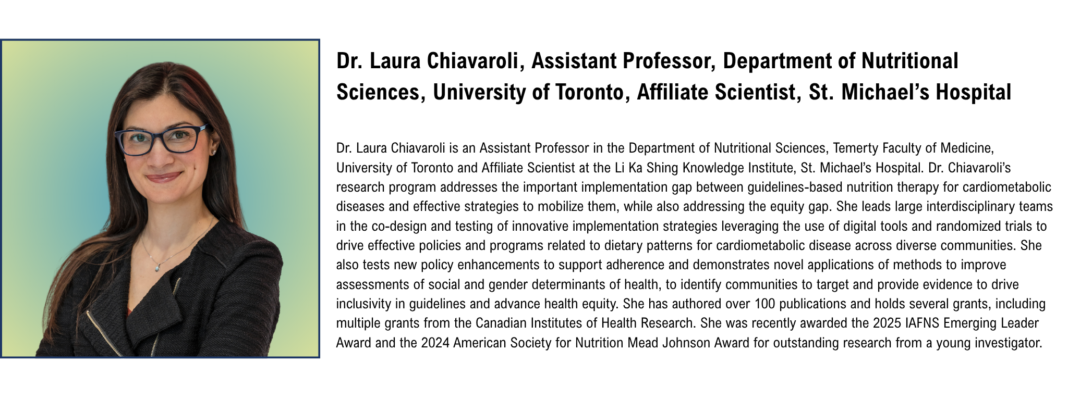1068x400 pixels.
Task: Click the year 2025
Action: click(887, 323)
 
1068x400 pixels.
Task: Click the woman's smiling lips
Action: click(164, 177)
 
